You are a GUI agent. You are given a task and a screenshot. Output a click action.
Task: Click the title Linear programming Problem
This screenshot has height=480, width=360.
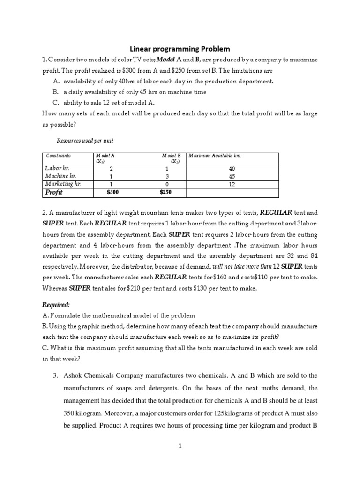(180, 49)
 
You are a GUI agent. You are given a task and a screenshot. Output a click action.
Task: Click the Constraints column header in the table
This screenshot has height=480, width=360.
(58, 155)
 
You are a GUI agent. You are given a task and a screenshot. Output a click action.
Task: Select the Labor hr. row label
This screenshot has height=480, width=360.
(57, 168)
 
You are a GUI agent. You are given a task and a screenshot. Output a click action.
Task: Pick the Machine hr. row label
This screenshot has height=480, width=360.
(60, 176)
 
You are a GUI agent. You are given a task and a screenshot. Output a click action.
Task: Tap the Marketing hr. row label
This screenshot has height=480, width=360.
(63, 184)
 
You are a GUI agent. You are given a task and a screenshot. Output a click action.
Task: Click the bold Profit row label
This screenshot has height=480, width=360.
(53, 192)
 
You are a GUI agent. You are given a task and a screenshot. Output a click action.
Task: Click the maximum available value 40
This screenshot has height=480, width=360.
(233, 168)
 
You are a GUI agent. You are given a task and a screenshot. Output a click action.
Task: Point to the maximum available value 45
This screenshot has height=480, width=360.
(233, 176)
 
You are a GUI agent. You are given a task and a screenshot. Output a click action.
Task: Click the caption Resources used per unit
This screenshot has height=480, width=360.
(85, 141)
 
